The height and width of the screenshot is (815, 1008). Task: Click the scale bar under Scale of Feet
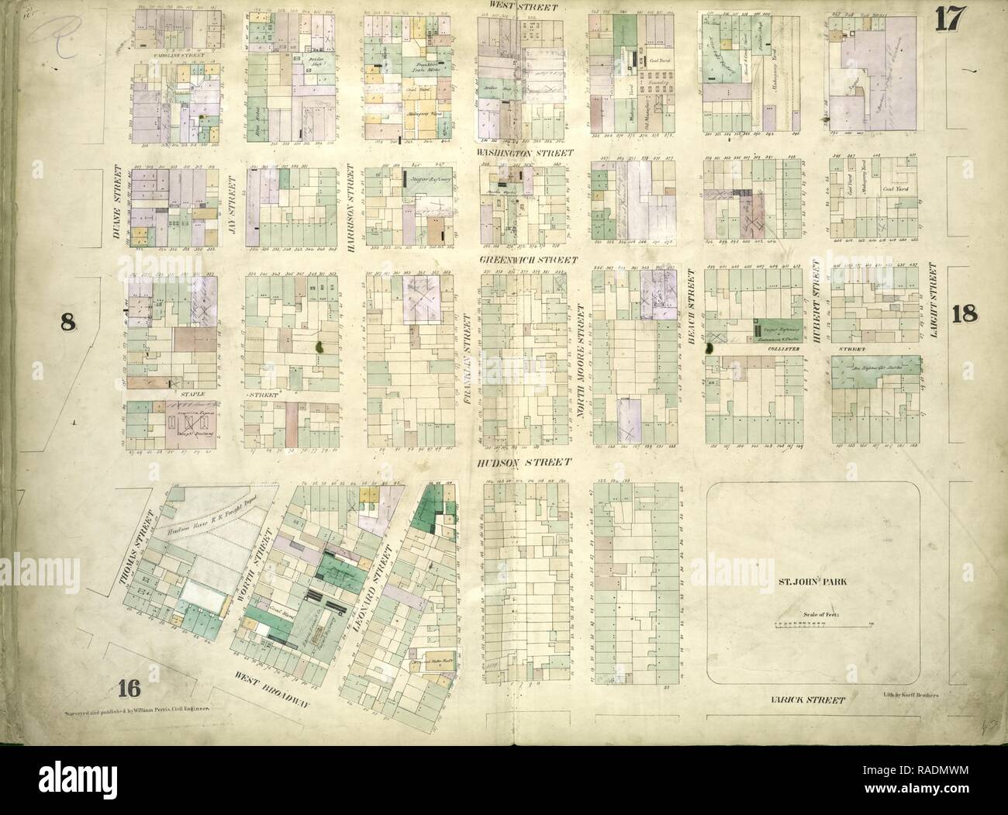822,623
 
